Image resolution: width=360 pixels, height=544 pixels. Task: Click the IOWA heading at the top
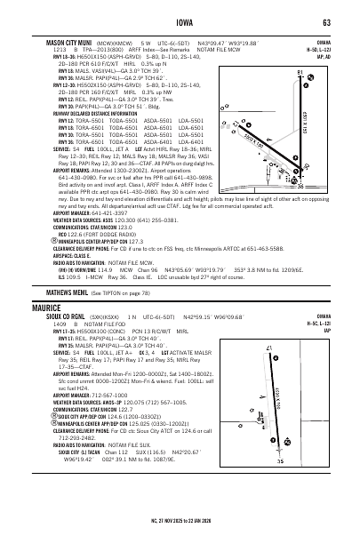point(180,21)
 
